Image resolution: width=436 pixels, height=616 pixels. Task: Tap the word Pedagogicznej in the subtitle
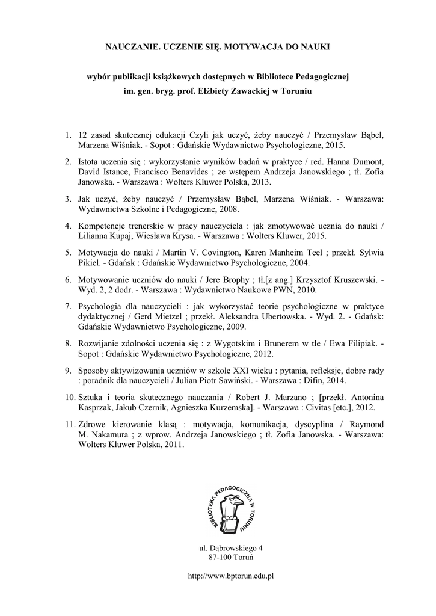pos(320,77)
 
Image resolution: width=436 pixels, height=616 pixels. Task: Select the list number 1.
pos(67,134)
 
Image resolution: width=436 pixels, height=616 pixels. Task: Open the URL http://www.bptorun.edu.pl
pos(232,576)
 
